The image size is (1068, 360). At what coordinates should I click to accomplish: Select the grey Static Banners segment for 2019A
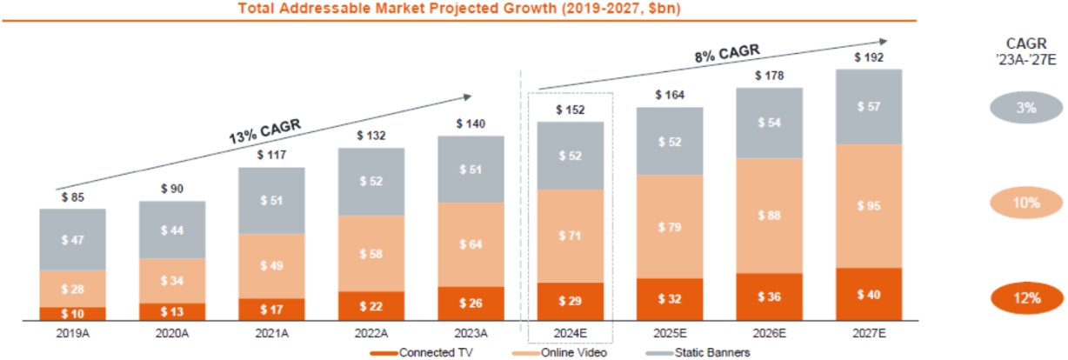point(72,239)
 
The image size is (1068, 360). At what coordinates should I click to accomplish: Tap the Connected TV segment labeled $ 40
point(868,294)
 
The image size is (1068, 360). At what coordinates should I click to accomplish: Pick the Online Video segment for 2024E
point(570,236)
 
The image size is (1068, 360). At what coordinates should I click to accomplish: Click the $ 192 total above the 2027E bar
point(868,58)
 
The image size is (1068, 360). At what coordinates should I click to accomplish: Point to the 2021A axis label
point(270,332)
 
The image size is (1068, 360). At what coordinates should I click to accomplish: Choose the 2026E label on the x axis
point(769,332)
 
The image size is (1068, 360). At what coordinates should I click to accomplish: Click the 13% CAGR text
point(264,133)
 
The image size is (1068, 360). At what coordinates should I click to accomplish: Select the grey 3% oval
point(1026,109)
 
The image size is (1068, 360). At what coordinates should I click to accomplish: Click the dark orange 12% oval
point(1026,298)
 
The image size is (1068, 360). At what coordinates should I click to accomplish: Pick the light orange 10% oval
point(1026,203)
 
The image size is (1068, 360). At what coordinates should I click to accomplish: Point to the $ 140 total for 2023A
point(471,124)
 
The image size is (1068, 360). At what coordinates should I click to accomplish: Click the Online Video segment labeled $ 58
point(371,254)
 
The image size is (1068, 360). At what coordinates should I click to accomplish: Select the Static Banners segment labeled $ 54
point(769,123)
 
